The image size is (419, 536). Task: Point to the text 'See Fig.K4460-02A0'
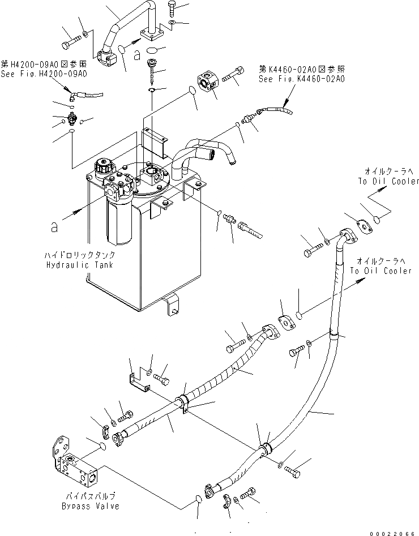(x=301, y=79)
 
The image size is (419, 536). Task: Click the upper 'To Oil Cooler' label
(x=388, y=181)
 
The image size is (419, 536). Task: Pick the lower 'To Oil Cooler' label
(x=380, y=271)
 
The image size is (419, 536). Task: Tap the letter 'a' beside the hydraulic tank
(x=54, y=227)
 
